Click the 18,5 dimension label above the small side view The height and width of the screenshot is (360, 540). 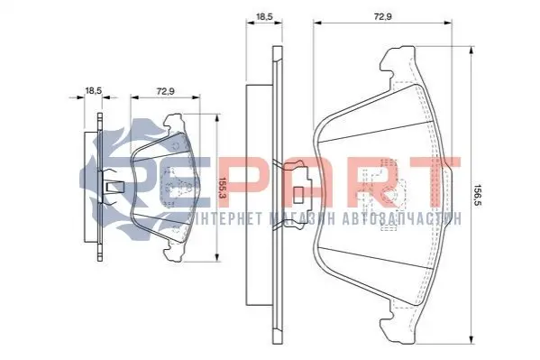(x=94, y=91)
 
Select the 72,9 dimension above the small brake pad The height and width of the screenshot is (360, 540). (x=166, y=91)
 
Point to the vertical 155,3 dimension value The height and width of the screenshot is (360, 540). (x=222, y=188)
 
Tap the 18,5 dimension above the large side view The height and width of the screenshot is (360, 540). (x=264, y=16)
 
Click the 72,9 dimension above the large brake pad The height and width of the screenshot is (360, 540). (x=383, y=16)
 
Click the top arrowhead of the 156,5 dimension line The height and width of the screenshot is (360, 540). (x=471, y=51)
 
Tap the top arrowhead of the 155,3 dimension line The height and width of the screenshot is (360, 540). (x=216, y=118)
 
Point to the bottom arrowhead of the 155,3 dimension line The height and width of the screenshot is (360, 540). (x=216, y=257)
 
